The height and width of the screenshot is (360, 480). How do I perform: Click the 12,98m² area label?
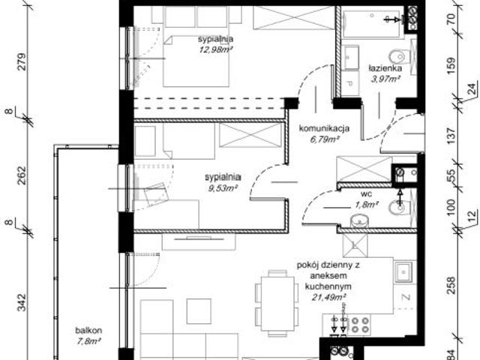[215, 50]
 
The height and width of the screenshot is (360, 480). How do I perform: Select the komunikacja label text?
[324, 128]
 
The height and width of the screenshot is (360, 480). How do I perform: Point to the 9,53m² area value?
[222, 189]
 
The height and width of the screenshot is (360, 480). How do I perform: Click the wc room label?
[366, 193]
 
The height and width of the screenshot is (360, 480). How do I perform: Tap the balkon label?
[88, 331]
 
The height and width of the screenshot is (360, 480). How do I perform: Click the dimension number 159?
[451, 63]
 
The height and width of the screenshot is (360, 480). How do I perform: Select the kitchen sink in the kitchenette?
[403, 271]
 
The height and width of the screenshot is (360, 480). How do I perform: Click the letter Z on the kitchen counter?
[404, 298]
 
